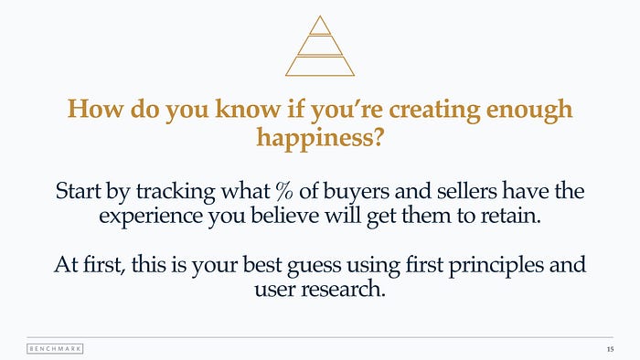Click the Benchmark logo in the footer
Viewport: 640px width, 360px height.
pyautogui.click(x=55, y=349)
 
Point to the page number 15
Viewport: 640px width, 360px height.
pyautogui.click(x=610, y=349)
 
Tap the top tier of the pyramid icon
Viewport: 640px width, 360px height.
pyautogui.click(x=320, y=26)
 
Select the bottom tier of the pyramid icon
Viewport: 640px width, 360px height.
pyautogui.click(x=320, y=66)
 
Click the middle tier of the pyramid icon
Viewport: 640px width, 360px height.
pyautogui.click(x=320, y=46)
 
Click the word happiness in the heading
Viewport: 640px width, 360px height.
pyautogui.click(x=320, y=137)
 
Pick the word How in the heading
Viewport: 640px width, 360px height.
pyautogui.click(x=95, y=109)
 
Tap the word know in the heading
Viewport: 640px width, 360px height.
pyautogui.click(x=248, y=109)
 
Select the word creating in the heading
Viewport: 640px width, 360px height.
pyautogui.click(x=434, y=110)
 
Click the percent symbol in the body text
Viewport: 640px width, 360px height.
pyautogui.click(x=284, y=191)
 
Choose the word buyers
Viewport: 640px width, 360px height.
pyautogui.click(x=357, y=192)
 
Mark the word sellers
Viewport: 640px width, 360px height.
pyautogui.click(x=466, y=191)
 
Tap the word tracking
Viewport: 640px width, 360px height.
pyautogui.click(x=176, y=192)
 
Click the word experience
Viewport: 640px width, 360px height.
pyautogui.click(x=151, y=216)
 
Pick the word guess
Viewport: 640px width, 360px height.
pyautogui.click(x=314, y=266)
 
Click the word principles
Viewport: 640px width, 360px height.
pyautogui.click(x=496, y=265)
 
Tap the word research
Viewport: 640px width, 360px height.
pyautogui.click(x=343, y=289)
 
